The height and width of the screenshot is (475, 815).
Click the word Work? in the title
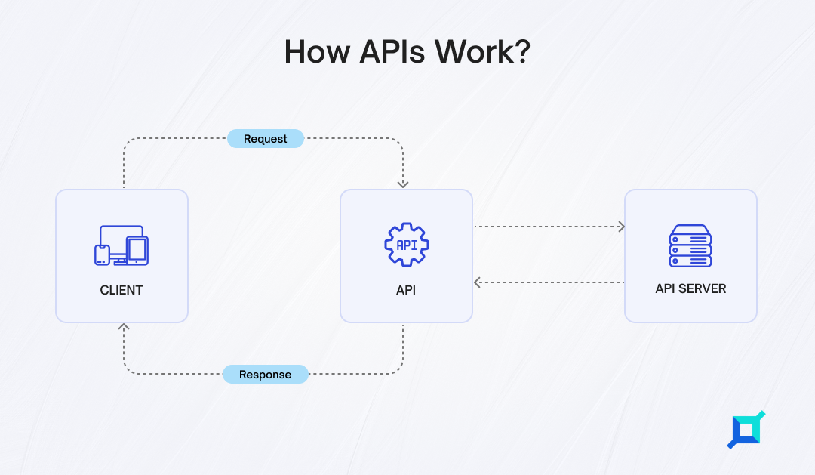482,51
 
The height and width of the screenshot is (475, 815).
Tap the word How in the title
317,51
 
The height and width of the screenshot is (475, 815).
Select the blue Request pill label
266,139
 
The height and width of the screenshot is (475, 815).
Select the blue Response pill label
266,375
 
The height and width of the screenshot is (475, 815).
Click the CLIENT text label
121,290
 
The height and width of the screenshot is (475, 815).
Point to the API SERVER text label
690,288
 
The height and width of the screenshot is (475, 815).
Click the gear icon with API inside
407,245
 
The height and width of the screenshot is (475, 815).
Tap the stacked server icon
690,245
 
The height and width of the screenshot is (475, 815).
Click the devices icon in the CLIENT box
121,245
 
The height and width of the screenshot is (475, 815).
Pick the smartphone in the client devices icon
102,255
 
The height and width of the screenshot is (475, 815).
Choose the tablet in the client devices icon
137,251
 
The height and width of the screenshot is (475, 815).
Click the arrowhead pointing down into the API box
403,184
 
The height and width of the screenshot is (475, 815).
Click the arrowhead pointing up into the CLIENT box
124,327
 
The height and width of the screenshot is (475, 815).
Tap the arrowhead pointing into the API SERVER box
622,227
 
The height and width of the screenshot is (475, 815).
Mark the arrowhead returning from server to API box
477,282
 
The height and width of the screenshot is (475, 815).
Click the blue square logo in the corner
746,430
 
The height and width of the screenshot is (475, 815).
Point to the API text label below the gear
406,290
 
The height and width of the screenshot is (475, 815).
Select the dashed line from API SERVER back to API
549,282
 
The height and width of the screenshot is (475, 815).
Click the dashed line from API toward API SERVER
549,227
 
